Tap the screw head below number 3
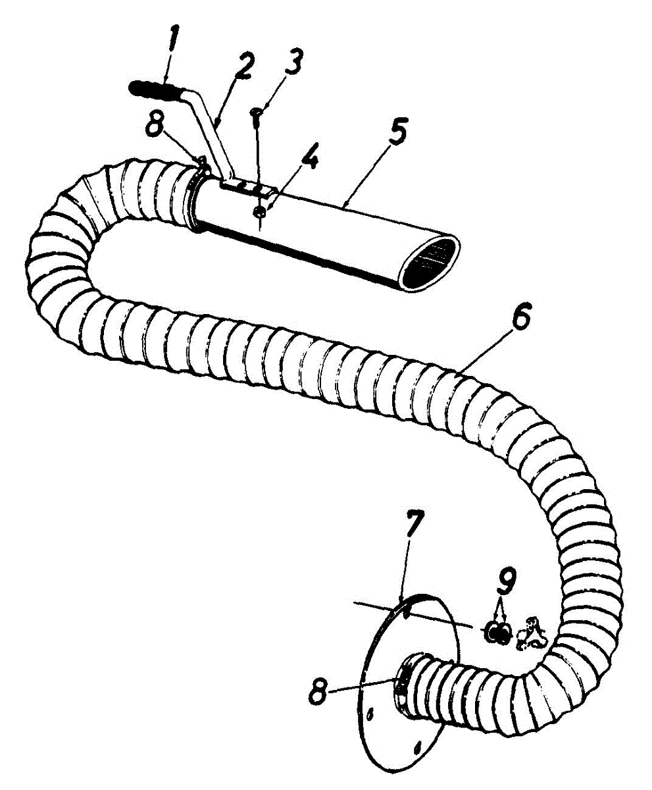pyautogui.click(x=257, y=116)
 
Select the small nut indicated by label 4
pyautogui.click(x=260, y=211)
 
